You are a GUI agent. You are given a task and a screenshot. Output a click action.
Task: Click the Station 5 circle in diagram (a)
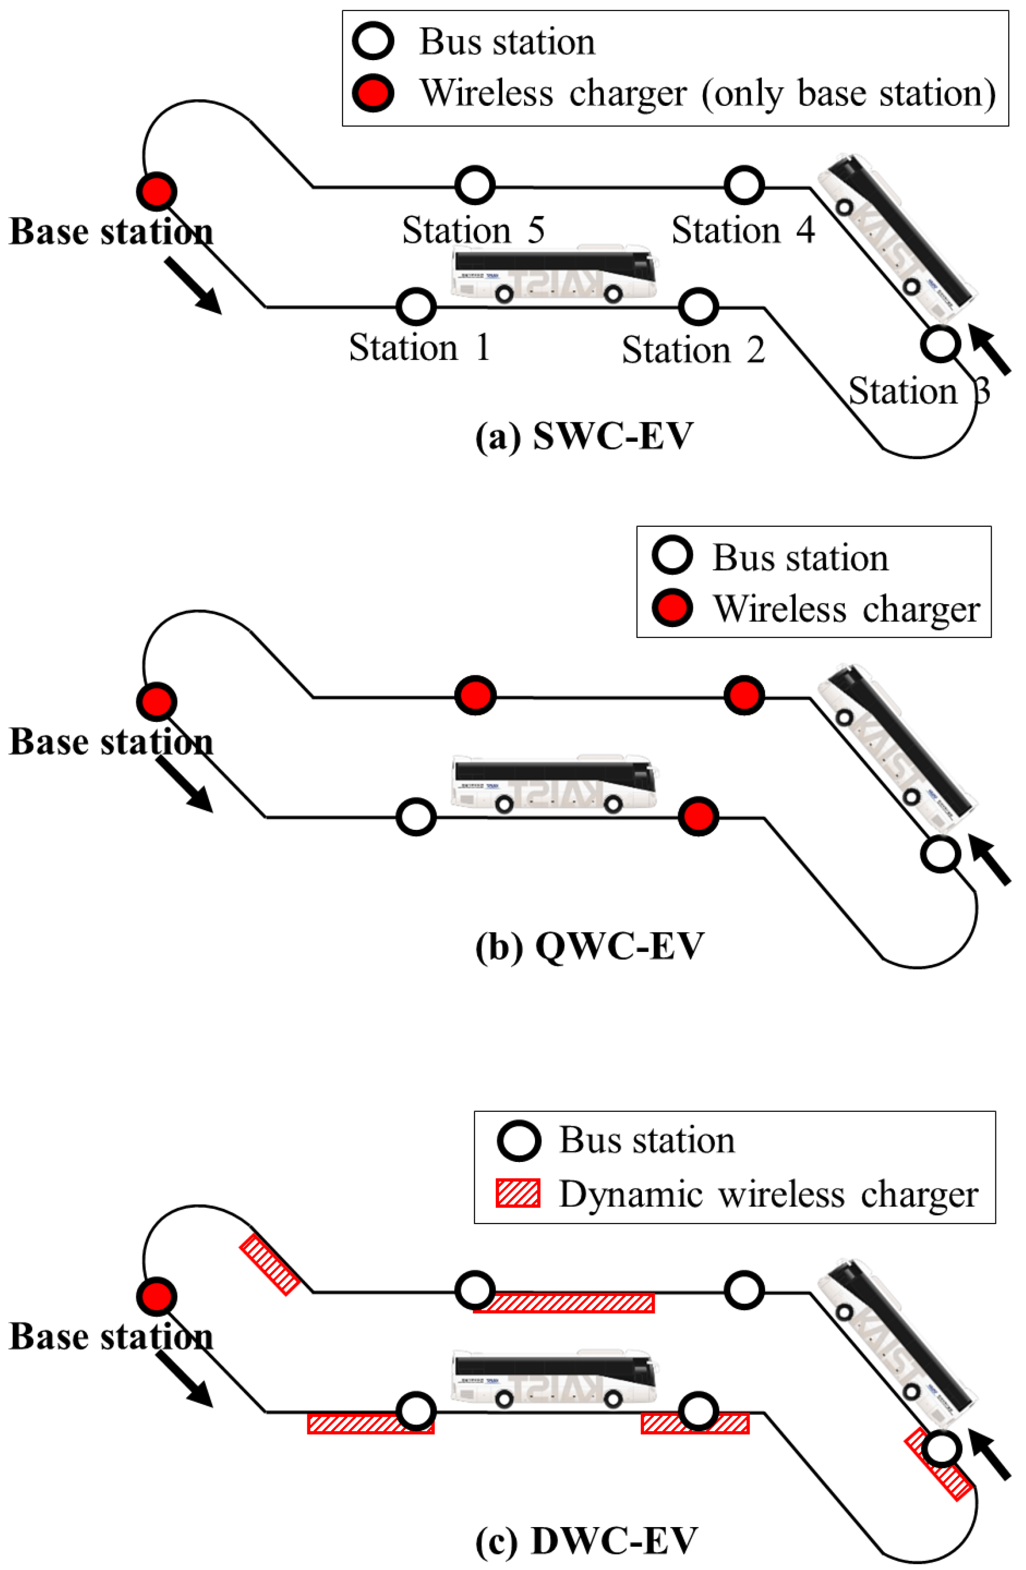point(474,185)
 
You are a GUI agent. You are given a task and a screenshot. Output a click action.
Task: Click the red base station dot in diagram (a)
point(157,191)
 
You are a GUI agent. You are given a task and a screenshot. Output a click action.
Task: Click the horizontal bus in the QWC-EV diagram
point(554,784)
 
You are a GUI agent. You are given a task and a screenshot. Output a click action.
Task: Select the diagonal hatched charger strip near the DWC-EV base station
point(269,1264)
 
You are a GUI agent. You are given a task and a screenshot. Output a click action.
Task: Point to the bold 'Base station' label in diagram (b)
point(111,742)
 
